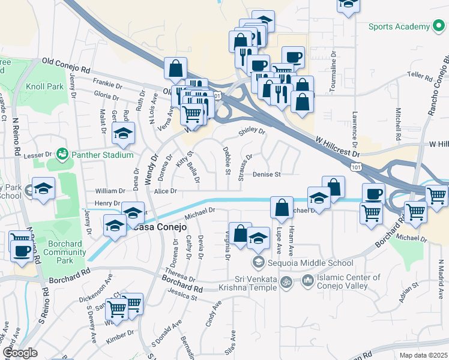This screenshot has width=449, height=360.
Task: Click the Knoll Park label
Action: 45,86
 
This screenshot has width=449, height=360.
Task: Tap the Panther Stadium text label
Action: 101,155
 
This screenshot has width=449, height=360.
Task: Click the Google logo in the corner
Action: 20,353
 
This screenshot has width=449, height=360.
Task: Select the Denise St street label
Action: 267,175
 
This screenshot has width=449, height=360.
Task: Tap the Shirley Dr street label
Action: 253,130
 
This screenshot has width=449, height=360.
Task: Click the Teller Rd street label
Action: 420,77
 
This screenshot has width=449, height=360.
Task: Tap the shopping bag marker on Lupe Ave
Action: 282,208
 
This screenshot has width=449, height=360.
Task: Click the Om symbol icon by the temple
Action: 287,281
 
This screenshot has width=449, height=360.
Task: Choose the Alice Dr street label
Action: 165,191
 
